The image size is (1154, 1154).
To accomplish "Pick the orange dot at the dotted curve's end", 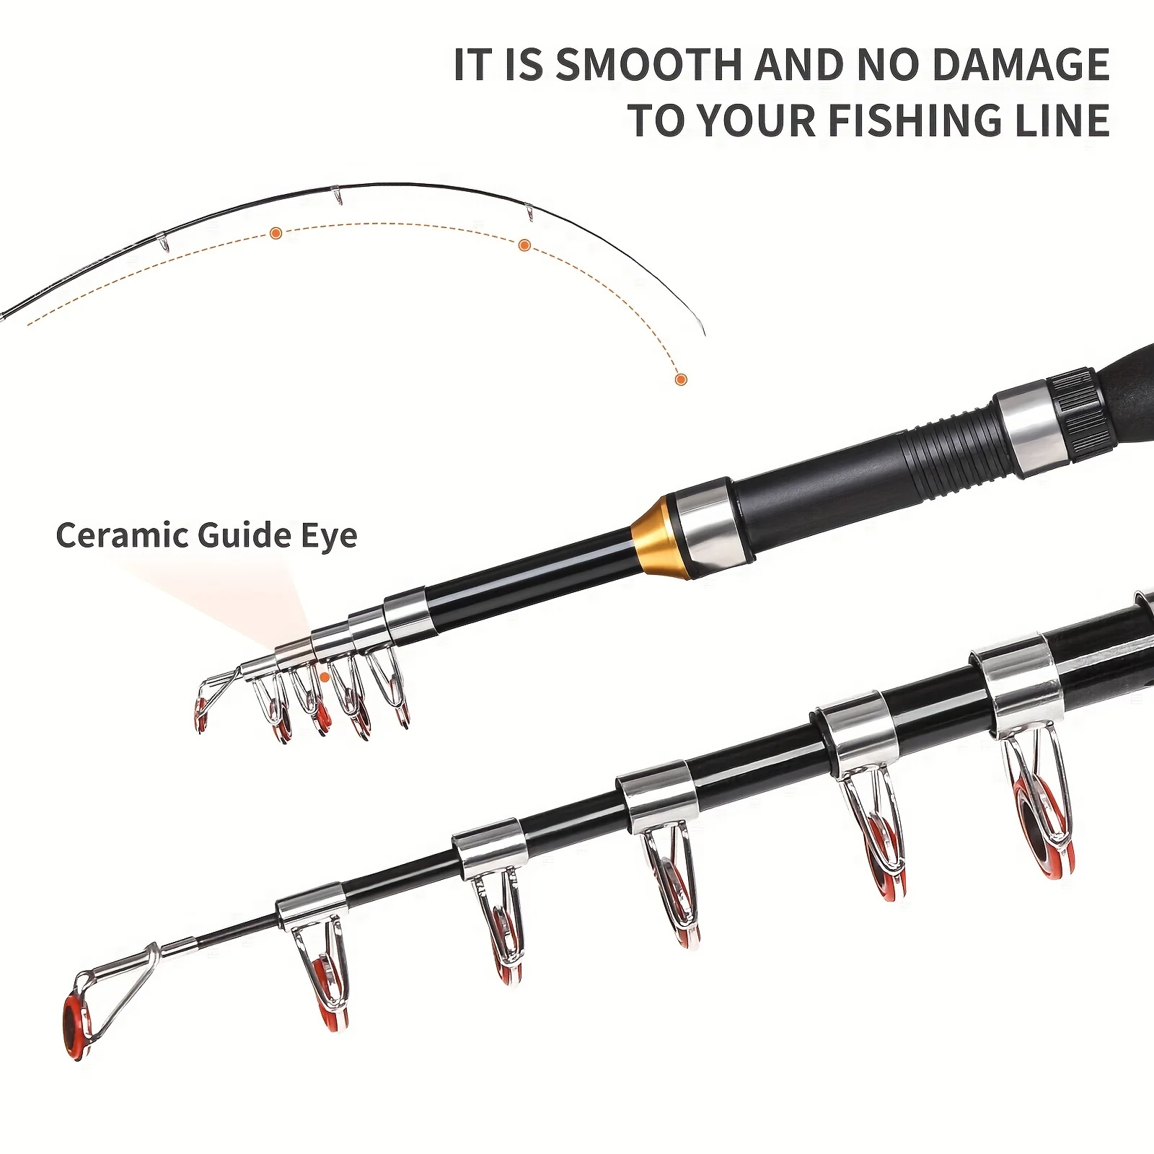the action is [x=680, y=379].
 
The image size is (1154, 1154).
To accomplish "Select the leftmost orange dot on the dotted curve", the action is [x=276, y=232].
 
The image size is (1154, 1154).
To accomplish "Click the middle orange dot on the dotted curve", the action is [x=525, y=245].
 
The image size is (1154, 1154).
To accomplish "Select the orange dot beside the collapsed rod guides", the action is [x=325, y=677].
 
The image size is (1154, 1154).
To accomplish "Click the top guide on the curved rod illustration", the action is [x=337, y=195].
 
